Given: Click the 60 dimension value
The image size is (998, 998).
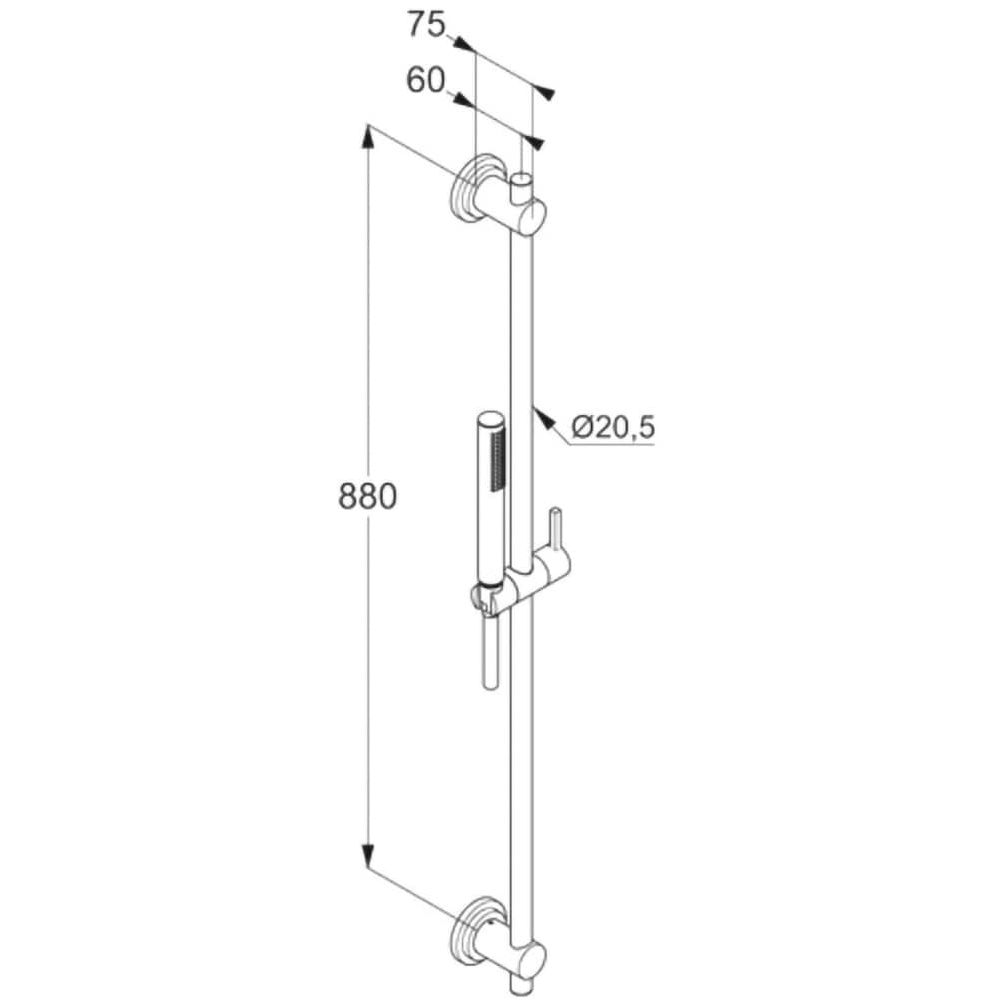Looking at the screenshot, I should point(425,81).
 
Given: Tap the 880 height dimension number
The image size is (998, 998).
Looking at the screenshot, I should point(368,496).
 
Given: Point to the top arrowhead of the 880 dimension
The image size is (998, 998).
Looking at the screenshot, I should point(368,137).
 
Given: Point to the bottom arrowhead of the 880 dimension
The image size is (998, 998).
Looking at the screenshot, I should point(368,854).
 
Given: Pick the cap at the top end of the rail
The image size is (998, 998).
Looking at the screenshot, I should point(522,186).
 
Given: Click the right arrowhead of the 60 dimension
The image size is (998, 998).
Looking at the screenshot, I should point(534,143).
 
